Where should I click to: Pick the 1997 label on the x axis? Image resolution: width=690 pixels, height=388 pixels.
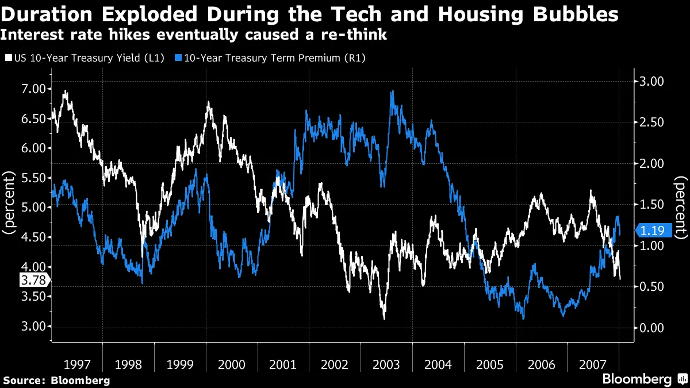point(76,364)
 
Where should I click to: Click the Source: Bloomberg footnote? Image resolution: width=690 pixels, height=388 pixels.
point(56,380)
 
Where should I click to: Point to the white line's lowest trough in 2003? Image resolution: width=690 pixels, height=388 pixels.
point(384,318)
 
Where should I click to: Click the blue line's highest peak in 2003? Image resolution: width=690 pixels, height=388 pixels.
point(392,91)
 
